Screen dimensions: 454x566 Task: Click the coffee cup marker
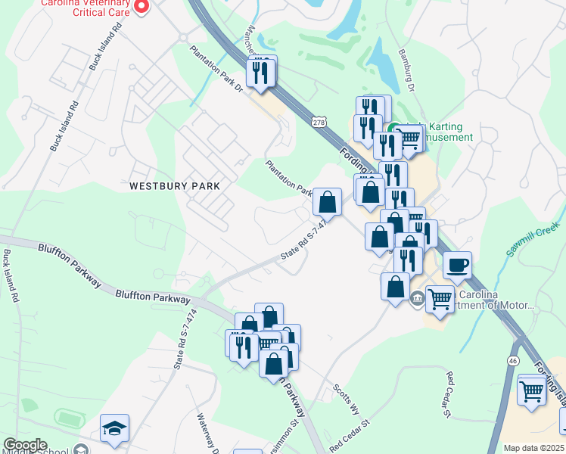(x=457, y=266)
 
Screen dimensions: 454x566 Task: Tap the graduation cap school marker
(x=114, y=428)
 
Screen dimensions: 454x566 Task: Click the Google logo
(x=25, y=445)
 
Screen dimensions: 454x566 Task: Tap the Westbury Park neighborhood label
(x=174, y=185)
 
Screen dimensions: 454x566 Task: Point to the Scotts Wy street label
(x=347, y=399)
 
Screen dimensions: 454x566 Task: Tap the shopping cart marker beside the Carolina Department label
(x=439, y=299)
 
